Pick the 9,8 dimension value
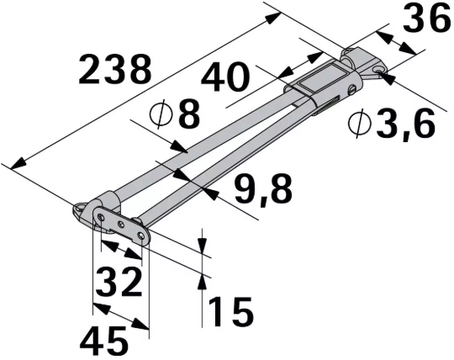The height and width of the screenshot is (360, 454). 264,188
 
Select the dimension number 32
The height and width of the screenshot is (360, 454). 118,282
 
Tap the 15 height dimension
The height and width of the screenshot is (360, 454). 229,311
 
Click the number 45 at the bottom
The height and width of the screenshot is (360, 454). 104,340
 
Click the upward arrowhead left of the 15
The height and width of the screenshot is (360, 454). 203,282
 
